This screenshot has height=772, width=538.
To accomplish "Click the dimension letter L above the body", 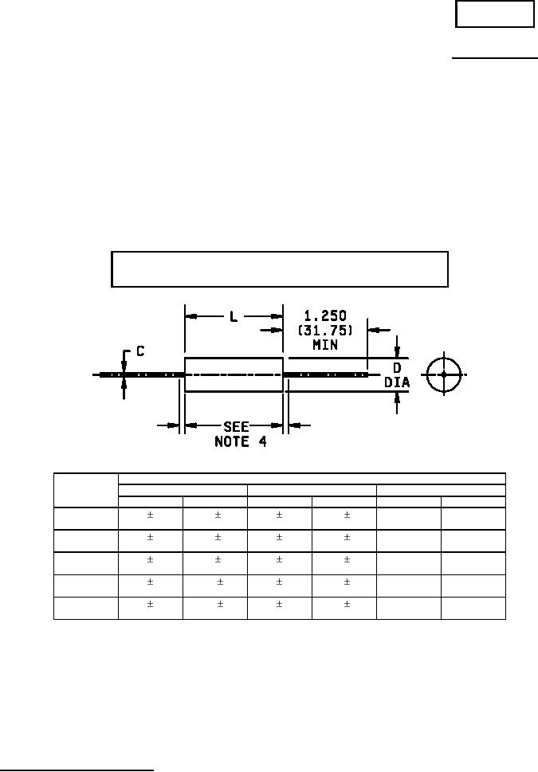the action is [x=234, y=316].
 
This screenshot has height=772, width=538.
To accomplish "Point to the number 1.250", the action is [x=324, y=315].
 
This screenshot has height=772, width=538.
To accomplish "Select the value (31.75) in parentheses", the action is [x=325, y=330].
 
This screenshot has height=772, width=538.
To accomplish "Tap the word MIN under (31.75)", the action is [x=325, y=345].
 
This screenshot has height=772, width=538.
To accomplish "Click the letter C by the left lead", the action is [x=140, y=351].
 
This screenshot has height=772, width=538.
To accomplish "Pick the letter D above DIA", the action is [x=397, y=368].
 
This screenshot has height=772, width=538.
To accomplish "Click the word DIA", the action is [x=397, y=382].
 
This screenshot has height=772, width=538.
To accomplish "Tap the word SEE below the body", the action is [x=236, y=426].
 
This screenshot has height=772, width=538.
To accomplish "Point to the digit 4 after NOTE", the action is [x=262, y=441].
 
